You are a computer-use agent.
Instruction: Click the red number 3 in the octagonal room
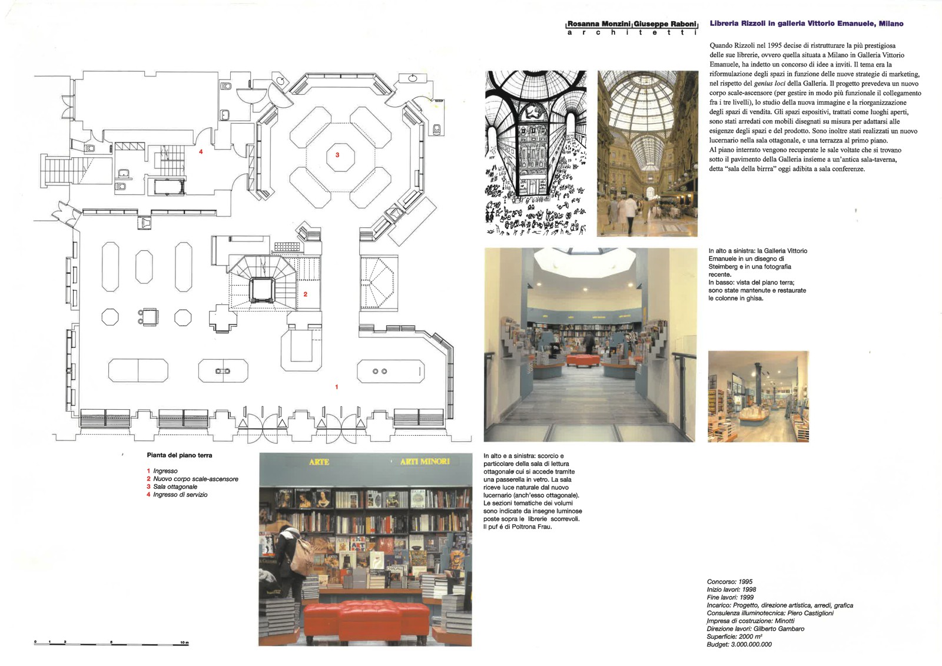point(337,155)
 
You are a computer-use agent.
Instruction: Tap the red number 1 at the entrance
point(336,387)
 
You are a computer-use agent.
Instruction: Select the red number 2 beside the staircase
point(306,294)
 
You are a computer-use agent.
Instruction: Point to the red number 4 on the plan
point(201,151)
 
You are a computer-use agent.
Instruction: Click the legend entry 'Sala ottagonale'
point(175,487)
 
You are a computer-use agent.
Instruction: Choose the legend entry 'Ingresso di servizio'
point(180,495)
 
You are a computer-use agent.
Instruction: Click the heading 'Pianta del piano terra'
point(180,455)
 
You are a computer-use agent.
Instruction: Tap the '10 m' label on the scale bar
point(185,642)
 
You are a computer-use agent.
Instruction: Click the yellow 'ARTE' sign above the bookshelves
point(319,462)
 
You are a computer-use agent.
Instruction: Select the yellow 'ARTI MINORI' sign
point(424,462)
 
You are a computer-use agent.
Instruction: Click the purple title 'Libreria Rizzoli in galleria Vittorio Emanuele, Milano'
point(807,24)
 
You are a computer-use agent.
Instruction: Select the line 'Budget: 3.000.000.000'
point(739,644)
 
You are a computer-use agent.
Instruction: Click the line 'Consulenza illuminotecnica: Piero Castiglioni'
point(770,613)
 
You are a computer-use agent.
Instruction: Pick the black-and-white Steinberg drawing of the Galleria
point(536,153)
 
